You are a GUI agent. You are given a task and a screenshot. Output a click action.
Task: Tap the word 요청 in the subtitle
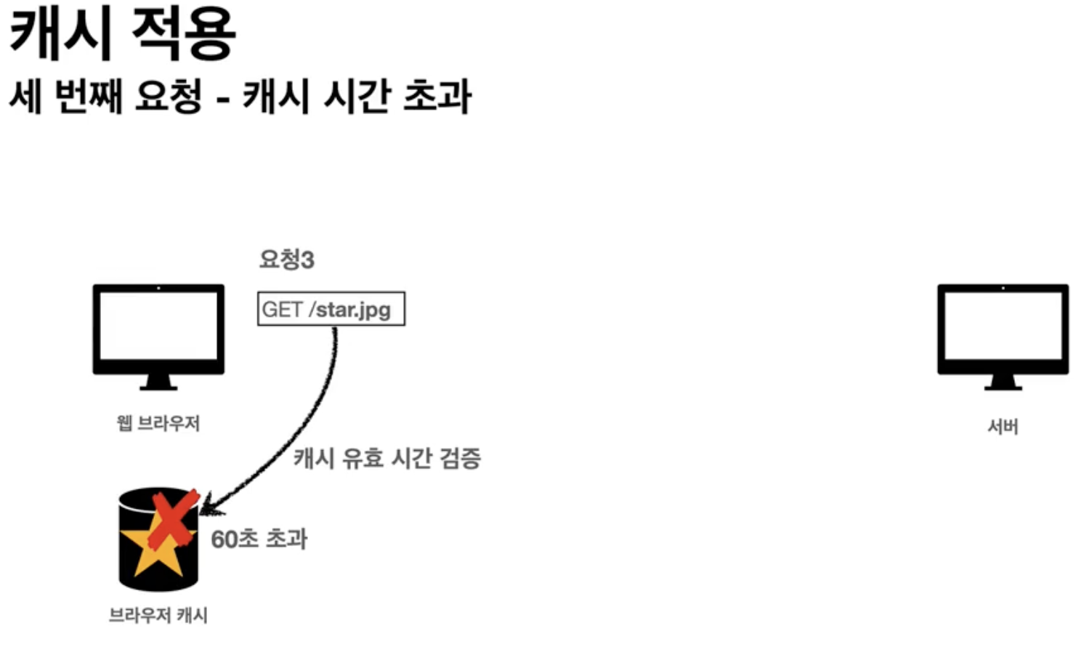169,97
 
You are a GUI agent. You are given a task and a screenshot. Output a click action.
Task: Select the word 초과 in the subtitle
437,97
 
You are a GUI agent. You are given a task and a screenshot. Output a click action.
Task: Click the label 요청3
286,260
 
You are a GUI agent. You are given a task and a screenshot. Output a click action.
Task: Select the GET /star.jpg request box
331,309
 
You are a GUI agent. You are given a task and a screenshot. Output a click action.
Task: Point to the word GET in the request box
282,310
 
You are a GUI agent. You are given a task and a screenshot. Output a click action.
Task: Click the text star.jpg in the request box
354,310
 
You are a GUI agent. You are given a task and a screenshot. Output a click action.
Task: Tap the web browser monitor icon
158,329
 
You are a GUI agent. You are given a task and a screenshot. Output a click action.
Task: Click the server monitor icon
1003,329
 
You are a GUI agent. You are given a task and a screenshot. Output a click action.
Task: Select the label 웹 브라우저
158,423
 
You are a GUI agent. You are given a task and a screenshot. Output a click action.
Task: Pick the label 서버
1003,426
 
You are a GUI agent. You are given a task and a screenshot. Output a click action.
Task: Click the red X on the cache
174,518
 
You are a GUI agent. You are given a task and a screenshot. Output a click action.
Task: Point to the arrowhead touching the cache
207,504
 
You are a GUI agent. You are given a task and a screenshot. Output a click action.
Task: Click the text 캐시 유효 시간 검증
387,458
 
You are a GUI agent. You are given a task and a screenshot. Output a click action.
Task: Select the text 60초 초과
259,539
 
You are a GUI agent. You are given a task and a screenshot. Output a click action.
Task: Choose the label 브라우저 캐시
158,616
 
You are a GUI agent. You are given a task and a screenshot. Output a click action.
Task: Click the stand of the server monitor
1003,383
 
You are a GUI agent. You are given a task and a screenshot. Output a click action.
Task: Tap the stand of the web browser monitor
158,383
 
